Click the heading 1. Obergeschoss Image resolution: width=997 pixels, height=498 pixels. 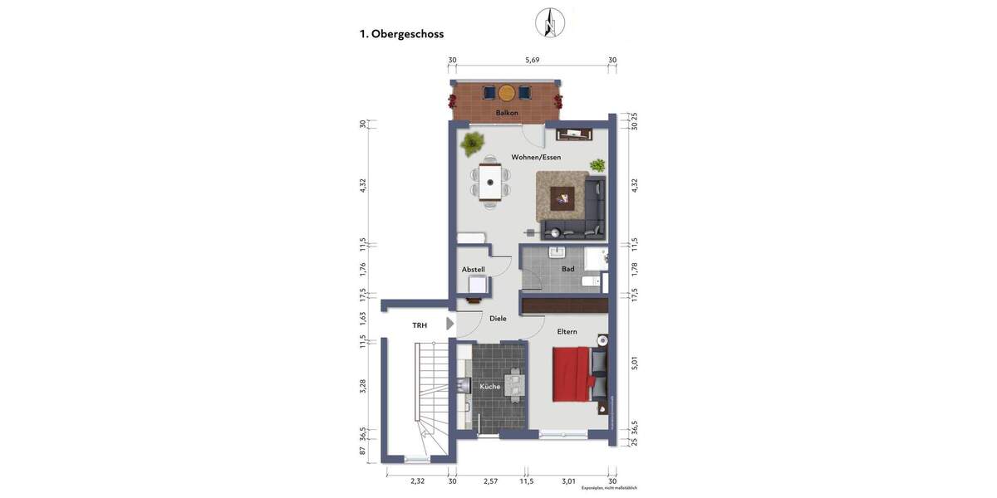point(401,34)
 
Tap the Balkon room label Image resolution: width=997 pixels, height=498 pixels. point(507,113)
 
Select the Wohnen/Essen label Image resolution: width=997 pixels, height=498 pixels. point(536,157)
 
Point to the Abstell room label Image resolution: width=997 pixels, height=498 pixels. point(473,270)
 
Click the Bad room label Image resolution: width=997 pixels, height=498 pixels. point(568,269)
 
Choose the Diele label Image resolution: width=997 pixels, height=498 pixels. point(498,318)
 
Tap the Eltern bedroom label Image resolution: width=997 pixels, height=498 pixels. point(567,332)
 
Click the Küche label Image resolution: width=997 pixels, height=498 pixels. point(489,387)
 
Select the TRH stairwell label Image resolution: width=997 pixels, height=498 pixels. point(420,325)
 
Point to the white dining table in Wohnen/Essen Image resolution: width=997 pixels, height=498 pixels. point(491,181)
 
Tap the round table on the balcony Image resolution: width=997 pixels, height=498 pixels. point(507,92)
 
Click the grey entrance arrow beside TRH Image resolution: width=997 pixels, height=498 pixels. point(450,324)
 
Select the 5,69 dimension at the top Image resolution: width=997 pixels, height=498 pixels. point(533,60)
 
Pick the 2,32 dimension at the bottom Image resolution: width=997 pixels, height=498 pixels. point(417,481)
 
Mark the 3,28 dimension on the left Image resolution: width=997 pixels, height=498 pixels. point(362,388)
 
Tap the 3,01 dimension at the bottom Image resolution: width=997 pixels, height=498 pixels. point(568,481)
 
